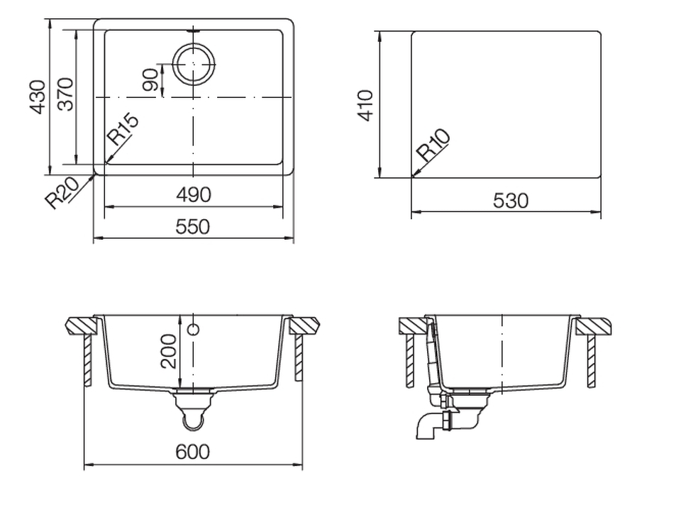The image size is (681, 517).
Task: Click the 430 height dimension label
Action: [38, 97]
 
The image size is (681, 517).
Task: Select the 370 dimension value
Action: [65, 94]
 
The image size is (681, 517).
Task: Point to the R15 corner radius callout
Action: [123, 129]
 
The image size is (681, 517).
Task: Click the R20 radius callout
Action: [62, 193]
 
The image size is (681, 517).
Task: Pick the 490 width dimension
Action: [194, 195]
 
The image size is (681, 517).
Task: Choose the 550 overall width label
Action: [193, 227]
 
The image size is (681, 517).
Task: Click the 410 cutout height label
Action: [365, 106]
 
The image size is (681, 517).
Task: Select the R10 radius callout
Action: [433, 145]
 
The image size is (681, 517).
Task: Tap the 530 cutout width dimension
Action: [511, 201]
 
